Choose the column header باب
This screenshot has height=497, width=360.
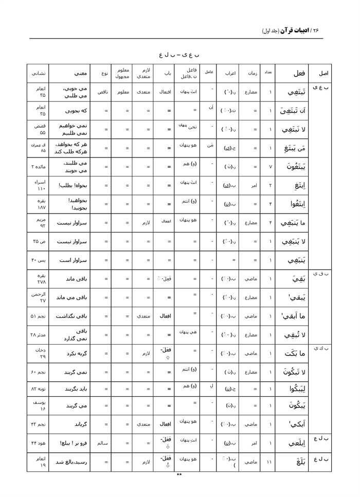(165, 73)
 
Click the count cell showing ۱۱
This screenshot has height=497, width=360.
(270, 461)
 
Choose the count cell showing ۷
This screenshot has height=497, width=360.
(270, 167)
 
